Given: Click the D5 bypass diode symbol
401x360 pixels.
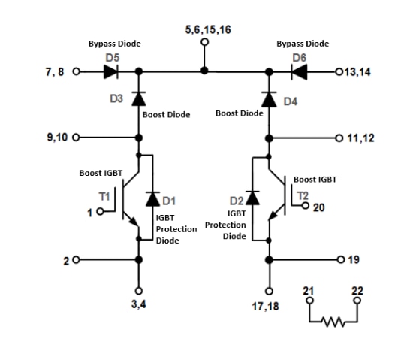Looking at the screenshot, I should pyautogui.click(x=113, y=73).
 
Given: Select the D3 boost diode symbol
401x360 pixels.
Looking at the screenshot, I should pyautogui.click(x=138, y=98).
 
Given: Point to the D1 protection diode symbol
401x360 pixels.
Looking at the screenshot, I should pyautogui.click(x=153, y=199).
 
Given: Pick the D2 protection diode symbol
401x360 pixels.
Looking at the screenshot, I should pyautogui.click(x=253, y=198).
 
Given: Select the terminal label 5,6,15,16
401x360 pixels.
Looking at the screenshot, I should pyautogui.click(x=204, y=31).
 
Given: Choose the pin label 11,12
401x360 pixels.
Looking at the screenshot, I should pyautogui.click(x=360, y=138).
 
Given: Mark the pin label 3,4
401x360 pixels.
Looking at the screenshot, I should pyautogui.click(x=138, y=305).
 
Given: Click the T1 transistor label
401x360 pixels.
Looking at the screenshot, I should pyautogui.click(x=104, y=197).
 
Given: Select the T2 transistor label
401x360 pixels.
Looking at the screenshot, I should pyautogui.click(x=303, y=196).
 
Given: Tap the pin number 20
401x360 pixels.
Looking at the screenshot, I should pyautogui.click(x=318, y=207).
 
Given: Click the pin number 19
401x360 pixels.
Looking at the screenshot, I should pyautogui.click(x=354, y=259).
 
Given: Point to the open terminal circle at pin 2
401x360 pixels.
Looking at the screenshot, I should pyautogui.click(x=74, y=259).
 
